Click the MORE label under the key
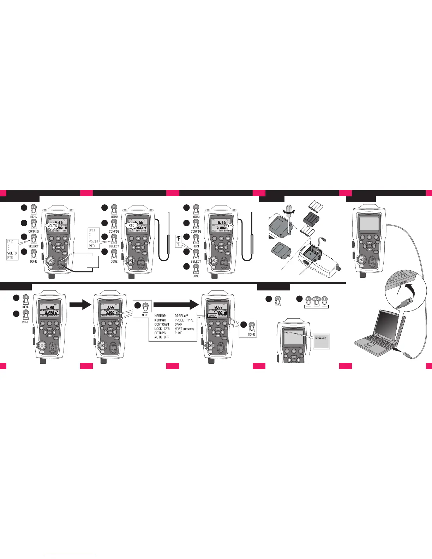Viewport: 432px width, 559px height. click(26, 322)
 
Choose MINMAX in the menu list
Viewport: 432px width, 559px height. click(160, 320)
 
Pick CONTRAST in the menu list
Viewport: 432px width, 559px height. click(162, 324)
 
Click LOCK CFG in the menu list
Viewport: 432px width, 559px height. click(162, 329)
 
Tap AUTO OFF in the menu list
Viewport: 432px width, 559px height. click(162, 337)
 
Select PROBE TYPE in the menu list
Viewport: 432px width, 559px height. click(184, 320)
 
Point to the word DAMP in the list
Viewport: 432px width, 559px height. click(179, 324)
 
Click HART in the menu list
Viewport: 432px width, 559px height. click(179, 329)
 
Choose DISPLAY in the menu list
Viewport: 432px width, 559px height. click(181, 316)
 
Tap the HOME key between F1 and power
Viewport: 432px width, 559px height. click(316, 300)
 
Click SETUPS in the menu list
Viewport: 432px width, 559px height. click(160, 333)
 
